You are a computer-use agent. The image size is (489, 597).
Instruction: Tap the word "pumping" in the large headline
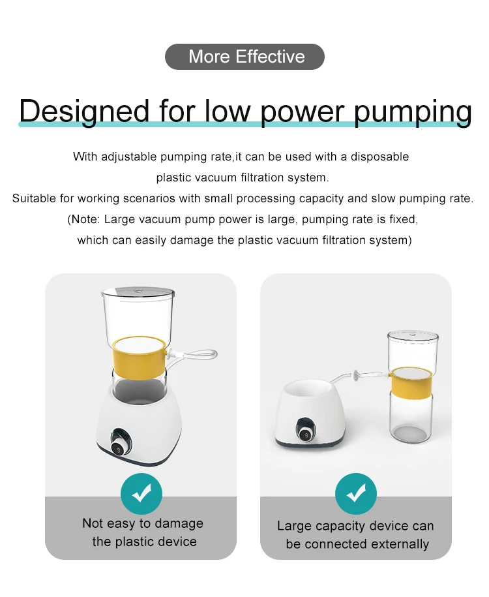point(413,112)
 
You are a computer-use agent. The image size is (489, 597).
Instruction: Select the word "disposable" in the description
point(380,157)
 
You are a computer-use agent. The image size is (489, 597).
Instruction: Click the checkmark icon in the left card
point(141,494)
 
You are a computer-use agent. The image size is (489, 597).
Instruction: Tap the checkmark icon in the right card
point(355,494)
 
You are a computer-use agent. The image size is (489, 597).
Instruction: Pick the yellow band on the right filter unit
point(411,382)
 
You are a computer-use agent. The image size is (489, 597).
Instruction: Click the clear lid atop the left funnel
point(138,292)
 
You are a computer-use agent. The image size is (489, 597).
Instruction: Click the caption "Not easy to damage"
point(143,523)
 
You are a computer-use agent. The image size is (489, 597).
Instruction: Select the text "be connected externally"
point(357,544)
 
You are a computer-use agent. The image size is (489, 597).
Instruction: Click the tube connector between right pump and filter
point(357,376)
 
